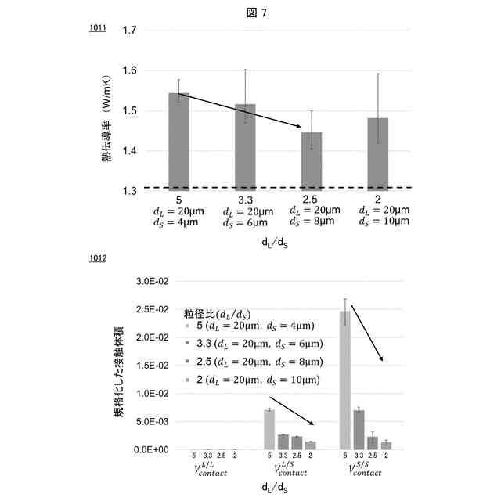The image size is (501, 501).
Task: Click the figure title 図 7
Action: [250, 11]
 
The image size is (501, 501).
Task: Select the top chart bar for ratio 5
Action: [179, 141]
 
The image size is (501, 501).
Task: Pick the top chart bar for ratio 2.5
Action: [312, 160]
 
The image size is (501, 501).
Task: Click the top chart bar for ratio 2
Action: [377, 153]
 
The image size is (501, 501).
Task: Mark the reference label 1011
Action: [97, 29]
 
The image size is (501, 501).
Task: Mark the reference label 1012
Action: [97, 258]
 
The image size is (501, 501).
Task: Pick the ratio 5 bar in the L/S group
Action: [269, 429]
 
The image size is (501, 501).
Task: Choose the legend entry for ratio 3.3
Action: [257, 343]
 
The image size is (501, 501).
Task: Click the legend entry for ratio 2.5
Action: [257, 362]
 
